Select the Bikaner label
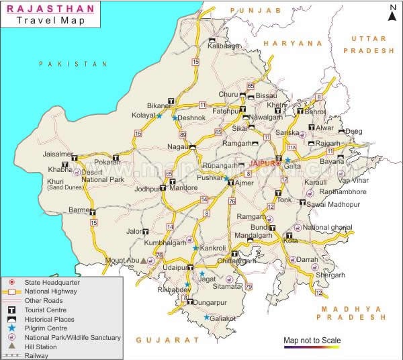tap(159, 105)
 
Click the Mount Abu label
tap(122, 260)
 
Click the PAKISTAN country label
tap(73, 64)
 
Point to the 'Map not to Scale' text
tap(312, 341)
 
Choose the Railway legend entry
tap(38, 355)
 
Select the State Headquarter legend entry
tap(52, 283)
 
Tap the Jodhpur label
tap(146, 189)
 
